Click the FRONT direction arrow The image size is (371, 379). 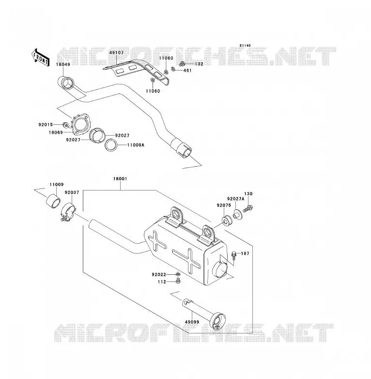click(40, 58)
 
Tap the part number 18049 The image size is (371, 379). click(63, 64)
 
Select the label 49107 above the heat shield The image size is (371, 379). click(116, 52)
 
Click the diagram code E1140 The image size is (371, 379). click(245, 46)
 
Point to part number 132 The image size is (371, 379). click(199, 64)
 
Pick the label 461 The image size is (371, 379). click(187, 71)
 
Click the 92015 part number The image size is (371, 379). click(46, 125)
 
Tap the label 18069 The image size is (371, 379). click(56, 132)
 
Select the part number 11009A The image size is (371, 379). click(136, 145)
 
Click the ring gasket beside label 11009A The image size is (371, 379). click(111, 145)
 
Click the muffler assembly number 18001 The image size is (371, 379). click(120, 179)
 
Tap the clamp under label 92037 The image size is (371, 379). click(68, 211)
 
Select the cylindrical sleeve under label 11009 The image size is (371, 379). click(53, 200)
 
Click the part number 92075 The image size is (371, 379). click(224, 205)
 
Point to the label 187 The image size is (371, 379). click(245, 253)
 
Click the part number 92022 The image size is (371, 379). click(159, 275)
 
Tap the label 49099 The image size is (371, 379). click(192, 322)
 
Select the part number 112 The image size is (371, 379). click(162, 282)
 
